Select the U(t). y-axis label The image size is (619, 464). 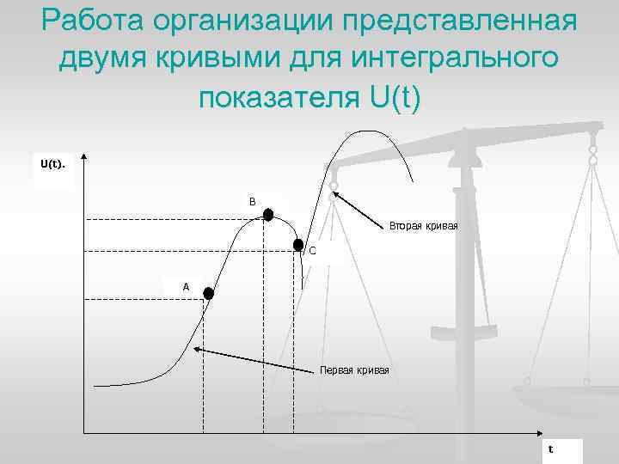52,162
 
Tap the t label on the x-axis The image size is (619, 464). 551,449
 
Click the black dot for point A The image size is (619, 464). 207,293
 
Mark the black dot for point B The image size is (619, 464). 268,215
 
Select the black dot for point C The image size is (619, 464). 298,244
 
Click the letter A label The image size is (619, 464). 185,286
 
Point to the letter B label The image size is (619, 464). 252,202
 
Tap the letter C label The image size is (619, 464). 312,251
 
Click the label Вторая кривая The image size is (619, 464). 423,225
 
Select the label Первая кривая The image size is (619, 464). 354,370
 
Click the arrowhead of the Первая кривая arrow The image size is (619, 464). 196,349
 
